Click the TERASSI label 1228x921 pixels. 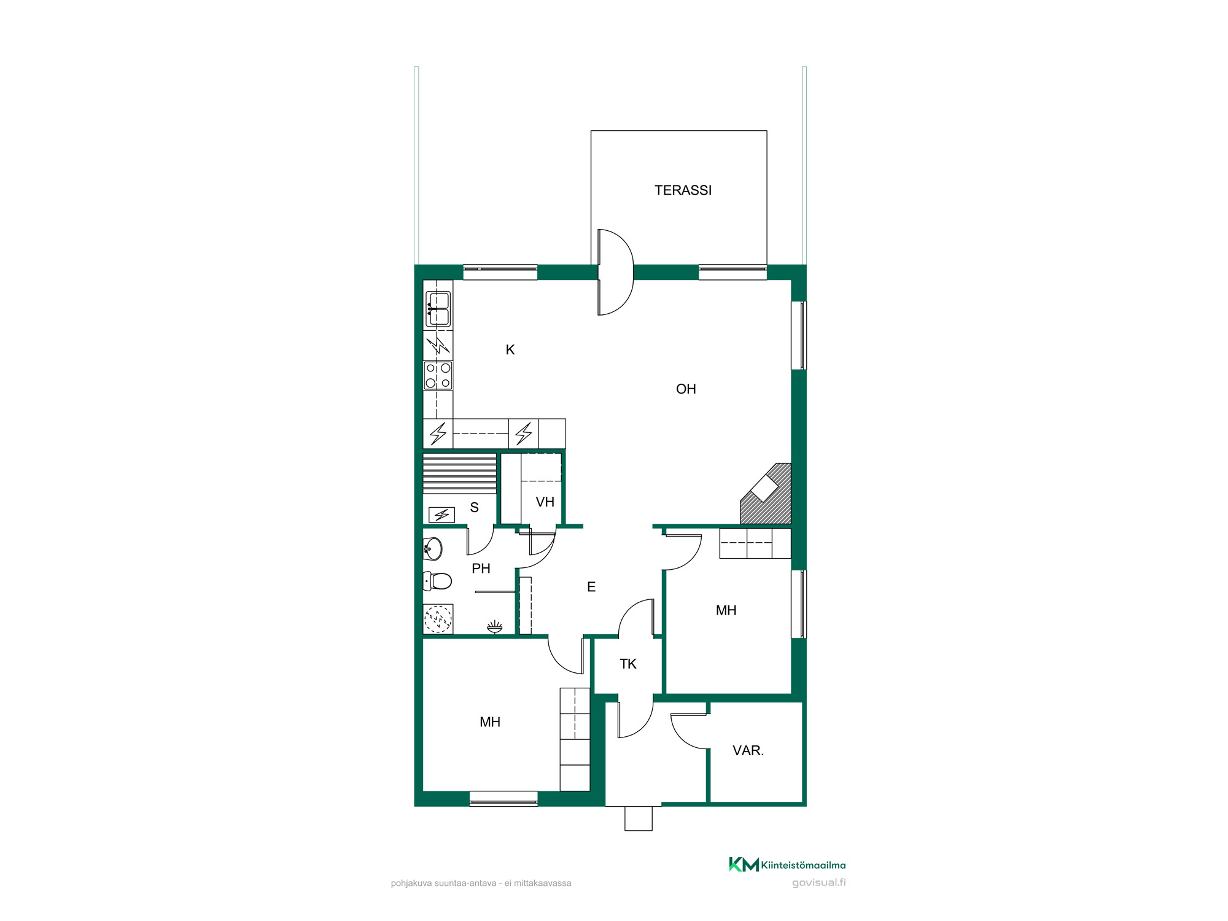pyautogui.click(x=683, y=190)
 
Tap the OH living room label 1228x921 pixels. pyautogui.click(x=686, y=389)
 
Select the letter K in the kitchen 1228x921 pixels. pyautogui.click(x=510, y=350)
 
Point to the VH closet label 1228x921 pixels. pyautogui.click(x=545, y=502)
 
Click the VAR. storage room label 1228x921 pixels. pyautogui.click(x=748, y=750)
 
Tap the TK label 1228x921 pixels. pyautogui.click(x=628, y=664)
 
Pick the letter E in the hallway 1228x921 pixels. pyautogui.click(x=591, y=587)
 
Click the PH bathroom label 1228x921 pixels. pyautogui.click(x=481, y=569)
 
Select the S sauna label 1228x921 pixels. pyautogui.click(x=474, y=508)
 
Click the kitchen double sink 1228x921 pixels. pyautogui.click(x=438, y=309)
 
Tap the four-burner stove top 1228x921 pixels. pyautogui.click(x=438, y=376)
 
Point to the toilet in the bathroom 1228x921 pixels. pyautogui.click(x=438, y=580)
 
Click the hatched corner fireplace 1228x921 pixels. pyautogui.click(x=766, y=494)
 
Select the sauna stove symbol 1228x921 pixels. pyautogui.click(x=441, y=515)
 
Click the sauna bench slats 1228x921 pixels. pyautogui.click(x=460, y=473)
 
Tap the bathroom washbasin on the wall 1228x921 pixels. pyautogui.click(x=433, y=549)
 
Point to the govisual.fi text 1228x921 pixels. pyautogui.click(x=818, y=883)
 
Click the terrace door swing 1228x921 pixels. pyautogui.click(x=615, y=272)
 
